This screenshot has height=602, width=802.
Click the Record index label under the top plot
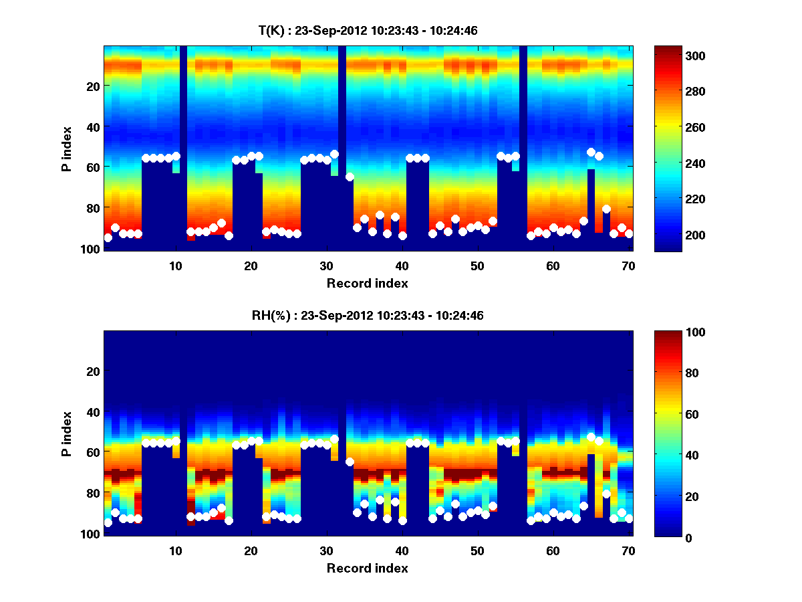click(367, 283)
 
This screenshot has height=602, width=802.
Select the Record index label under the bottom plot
click(367, 568)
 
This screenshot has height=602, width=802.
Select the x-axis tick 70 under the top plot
click(628, 266)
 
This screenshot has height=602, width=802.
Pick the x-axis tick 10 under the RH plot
click(175, 550)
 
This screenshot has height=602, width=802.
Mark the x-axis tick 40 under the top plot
click(402, 266)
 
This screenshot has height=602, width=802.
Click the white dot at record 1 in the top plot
click(108, 237)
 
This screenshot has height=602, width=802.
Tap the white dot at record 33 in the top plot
click(350, 177)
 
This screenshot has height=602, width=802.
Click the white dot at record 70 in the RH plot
click(629, 518)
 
